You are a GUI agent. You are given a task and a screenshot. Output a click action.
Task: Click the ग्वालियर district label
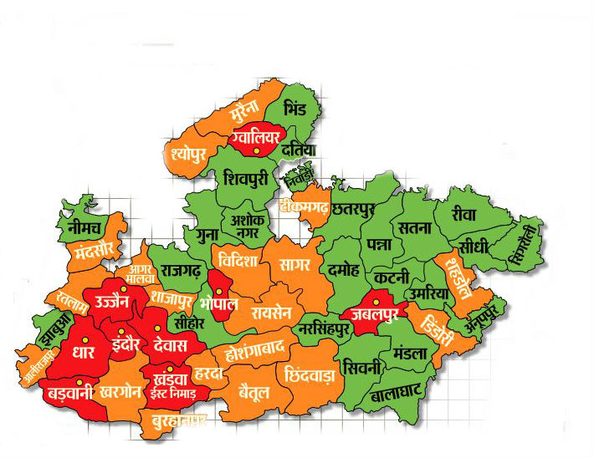click(256, 134)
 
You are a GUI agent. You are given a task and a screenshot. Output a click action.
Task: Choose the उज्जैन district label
click(111, 301)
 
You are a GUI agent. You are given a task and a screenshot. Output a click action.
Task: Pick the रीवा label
click(463, 214)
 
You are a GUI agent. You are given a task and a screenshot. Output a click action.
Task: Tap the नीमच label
click(82, 226)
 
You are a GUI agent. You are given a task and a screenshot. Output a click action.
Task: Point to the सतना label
click(415, 227)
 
